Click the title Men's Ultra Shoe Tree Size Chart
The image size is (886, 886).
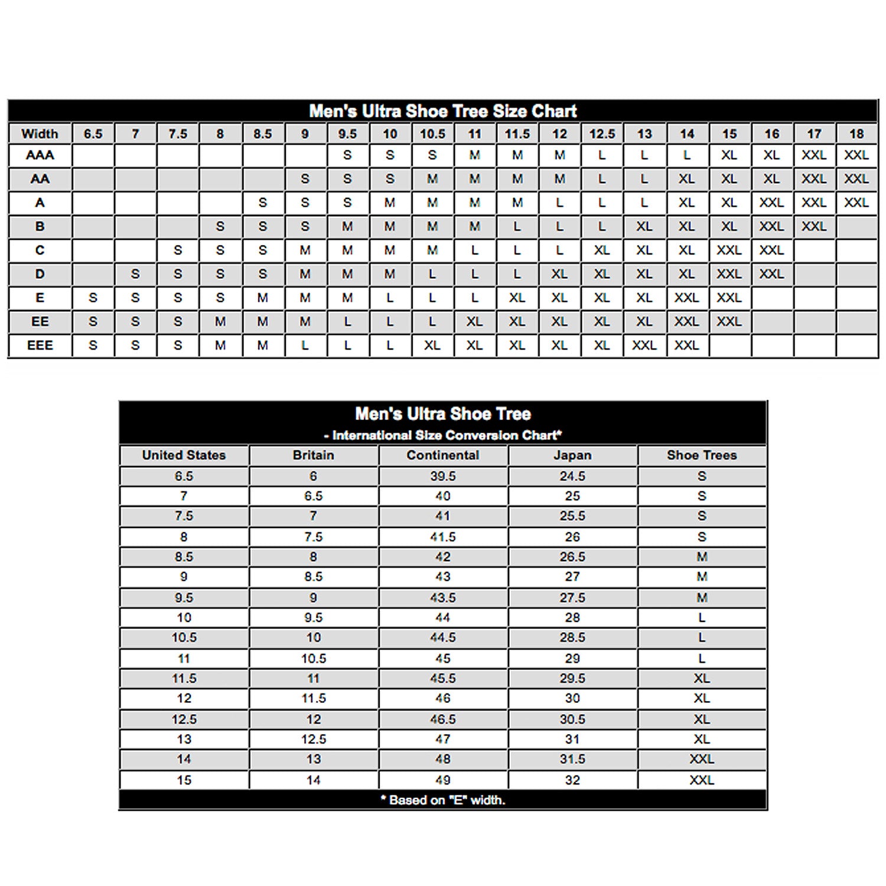tap(442, 111)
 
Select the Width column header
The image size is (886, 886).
tap(40, 133)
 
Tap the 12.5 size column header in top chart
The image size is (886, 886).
tap(602, 133)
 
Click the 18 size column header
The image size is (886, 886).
tap(856, 133)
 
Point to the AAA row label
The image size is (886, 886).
tap(40, 155)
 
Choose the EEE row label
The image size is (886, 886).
tap(40, 345)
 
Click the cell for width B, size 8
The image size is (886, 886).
tap(220, 226)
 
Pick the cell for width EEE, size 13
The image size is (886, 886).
tap(644, 345)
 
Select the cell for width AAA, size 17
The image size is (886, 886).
tap(814, 155)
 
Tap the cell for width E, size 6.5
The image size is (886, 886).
tap(93, 298)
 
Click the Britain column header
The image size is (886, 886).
tap(313, 455)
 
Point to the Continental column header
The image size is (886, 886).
tap(442, 455)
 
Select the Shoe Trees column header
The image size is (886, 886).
tap(702, 455)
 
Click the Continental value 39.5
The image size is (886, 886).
tap(442, 476)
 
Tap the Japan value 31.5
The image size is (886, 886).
tap(572, 759)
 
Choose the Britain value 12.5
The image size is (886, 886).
tap(313, 739)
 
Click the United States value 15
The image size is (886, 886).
tap(184, 780)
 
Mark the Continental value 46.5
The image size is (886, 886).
tap(442, 719)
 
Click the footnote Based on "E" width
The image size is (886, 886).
tap(443, 800)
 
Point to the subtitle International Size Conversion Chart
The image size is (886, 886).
tap(443, 435)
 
